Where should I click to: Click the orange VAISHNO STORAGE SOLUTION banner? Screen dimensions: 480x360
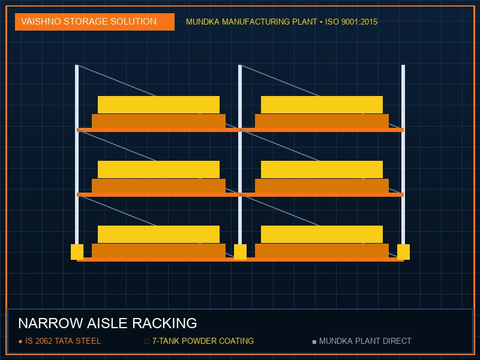tap(95, 22)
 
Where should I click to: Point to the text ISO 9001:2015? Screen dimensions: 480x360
tap(351, 22)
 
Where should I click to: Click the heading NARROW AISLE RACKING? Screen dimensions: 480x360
tap(107, 323)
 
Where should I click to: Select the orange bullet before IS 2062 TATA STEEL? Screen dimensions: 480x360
tap(20, 341)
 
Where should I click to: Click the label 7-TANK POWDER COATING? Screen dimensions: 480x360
tap(203, 341)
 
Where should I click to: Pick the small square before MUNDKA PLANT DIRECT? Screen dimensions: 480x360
tap(314, 341)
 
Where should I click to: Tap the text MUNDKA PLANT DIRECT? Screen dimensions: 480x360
tap(365, 341)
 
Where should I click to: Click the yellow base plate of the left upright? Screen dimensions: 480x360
tap(77, 252)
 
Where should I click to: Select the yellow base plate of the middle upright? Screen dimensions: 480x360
tap(240, 252)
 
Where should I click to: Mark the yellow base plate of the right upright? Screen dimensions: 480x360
tap(403, 252)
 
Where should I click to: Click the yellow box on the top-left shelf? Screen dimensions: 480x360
tap(158, 104)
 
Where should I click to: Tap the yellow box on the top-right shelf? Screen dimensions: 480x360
tap(322, 104)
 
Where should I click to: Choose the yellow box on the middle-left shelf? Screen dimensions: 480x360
tap(158, 170)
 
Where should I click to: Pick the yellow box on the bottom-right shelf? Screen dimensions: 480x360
tap(322, 235)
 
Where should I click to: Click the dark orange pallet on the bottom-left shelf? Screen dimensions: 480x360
tap(158, 251)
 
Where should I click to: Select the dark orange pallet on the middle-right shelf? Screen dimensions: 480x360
tap(322, 186)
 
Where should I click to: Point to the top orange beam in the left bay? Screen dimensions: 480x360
tap(158, 130)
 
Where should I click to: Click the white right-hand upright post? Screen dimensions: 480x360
tap(403, 155)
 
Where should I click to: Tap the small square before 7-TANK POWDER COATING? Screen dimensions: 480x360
tap(147, 341)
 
